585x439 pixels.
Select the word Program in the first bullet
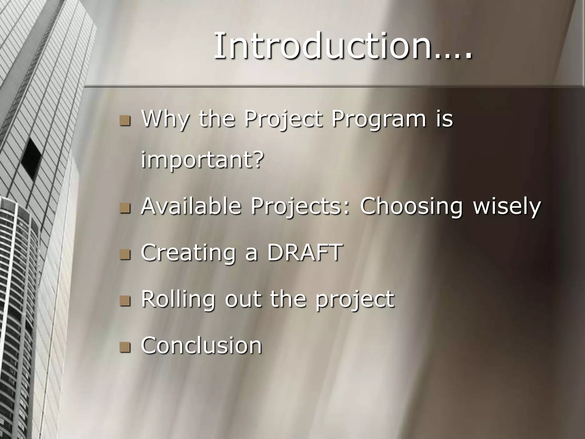378,119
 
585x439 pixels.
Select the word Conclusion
201,345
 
